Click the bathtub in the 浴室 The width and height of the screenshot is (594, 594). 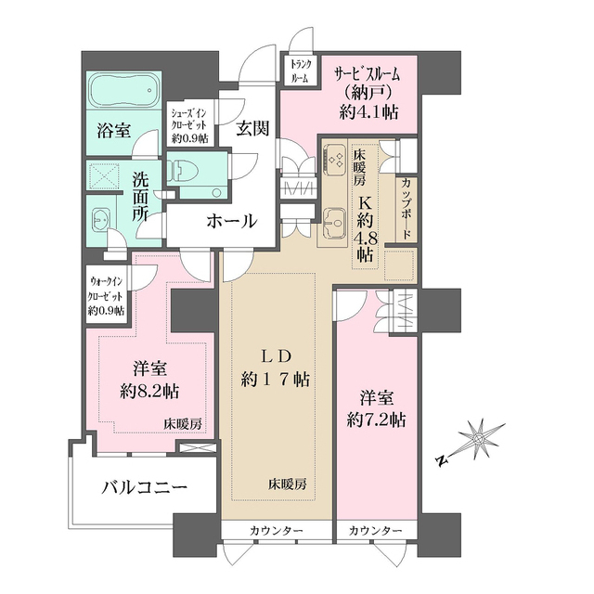(x=123, y=94)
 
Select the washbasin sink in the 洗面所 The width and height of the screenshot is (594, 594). (x=101, y=221)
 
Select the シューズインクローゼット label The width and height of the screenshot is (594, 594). (x=188, y=124)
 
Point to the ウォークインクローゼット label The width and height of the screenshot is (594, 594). (x=105, y=294)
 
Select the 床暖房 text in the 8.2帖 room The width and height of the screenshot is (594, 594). (x=184, y=423)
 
